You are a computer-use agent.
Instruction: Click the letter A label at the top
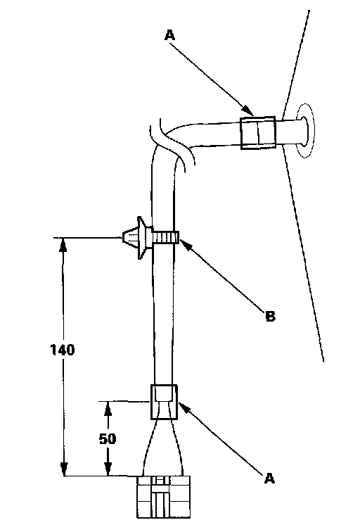click(170, 35)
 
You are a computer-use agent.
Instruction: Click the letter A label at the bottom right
click(269, 479)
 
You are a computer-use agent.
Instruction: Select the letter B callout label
click(270, 316)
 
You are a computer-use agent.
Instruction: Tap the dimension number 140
click(63, 350)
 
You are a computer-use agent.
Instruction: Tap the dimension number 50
click(108, 439)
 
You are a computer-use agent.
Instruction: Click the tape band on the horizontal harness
click(258, 133)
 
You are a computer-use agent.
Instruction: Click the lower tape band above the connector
click(164, 402)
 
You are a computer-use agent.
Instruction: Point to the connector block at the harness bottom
click(163, 497)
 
